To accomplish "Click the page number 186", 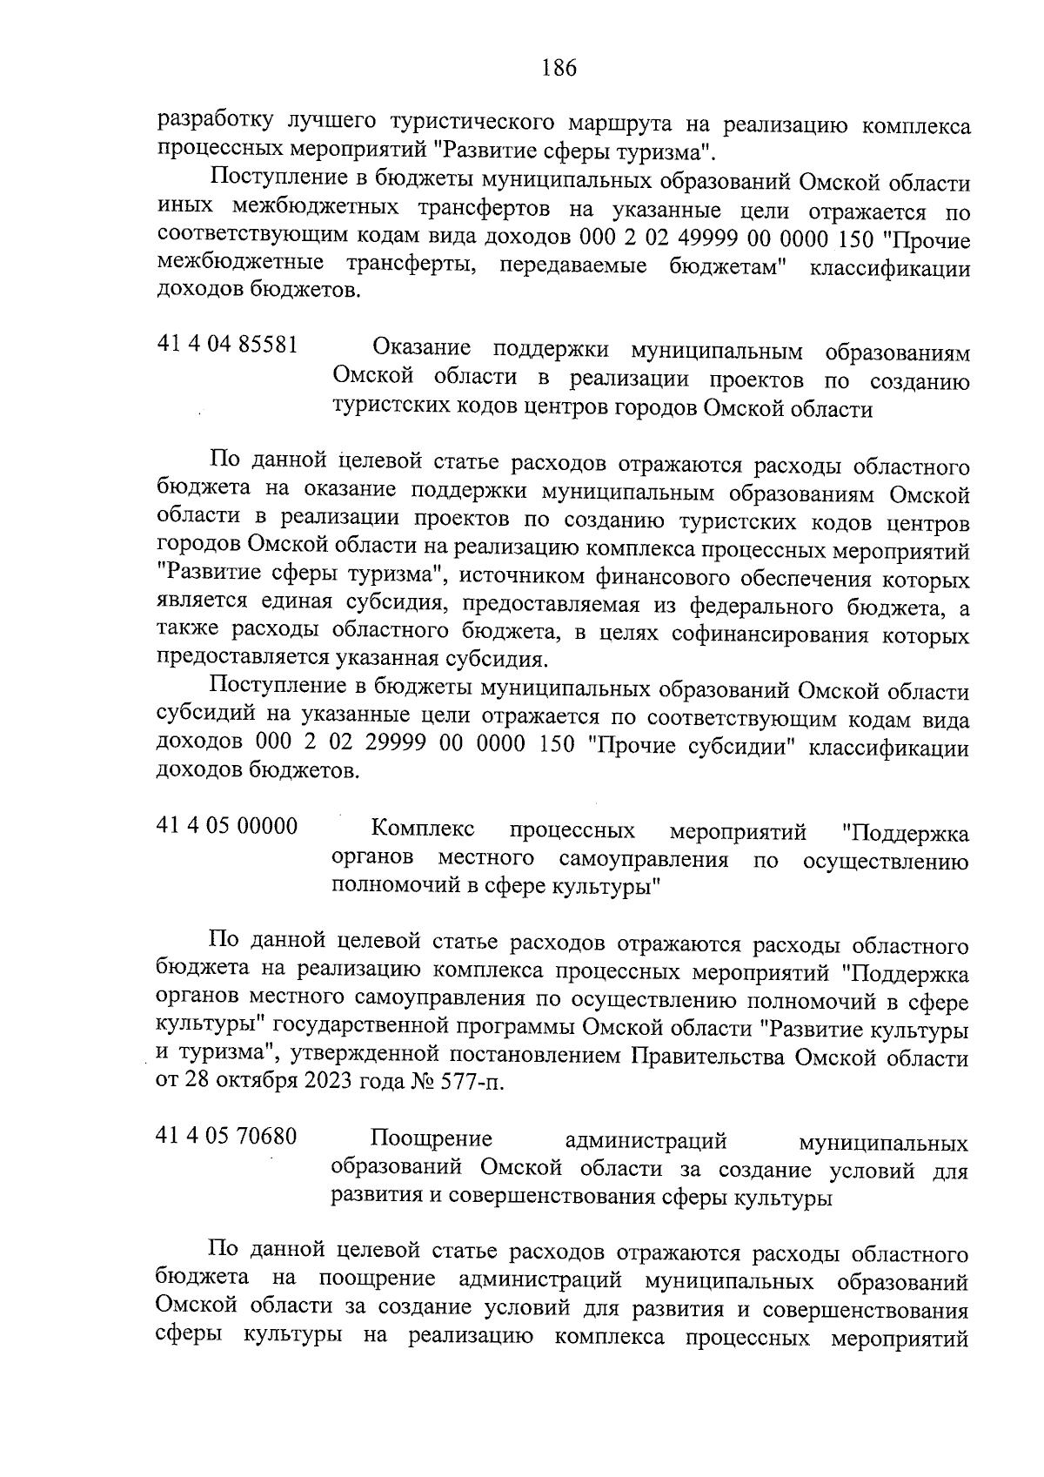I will click(559, 68).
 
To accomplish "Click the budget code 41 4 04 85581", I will click(228, 346).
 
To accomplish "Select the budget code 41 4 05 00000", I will click(227, 825).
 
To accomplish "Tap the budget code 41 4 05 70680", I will click(227, 1137).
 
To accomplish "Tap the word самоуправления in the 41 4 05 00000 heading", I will click(644, 860).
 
